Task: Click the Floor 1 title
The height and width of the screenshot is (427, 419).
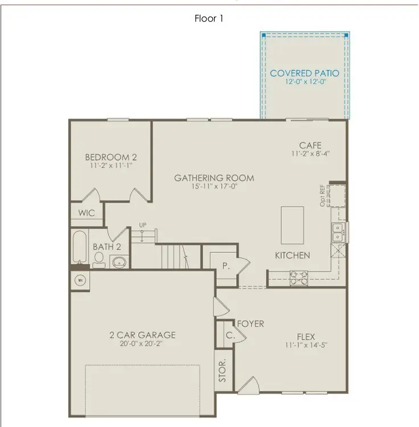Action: click(x=209, y=19)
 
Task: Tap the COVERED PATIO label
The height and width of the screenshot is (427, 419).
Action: click(x=305, y=73)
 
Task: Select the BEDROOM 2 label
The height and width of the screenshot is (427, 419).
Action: click(x=111, y=157)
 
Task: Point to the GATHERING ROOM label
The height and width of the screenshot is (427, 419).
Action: click(x=214, y=178)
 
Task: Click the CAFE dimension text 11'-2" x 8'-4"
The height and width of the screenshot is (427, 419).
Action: click(x=310, y=154)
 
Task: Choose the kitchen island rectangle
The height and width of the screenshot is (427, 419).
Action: click(x=293, y=225)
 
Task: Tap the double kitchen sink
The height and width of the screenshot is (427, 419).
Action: click(x=338, y=232)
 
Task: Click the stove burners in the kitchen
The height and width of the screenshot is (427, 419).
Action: click(x=299, y=278)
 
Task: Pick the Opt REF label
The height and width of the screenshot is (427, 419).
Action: click(x=322, y=195)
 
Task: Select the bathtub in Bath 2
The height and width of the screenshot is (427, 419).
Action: click(x=80, y=247)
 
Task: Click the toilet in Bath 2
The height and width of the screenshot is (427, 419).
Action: click(x=99, y=260)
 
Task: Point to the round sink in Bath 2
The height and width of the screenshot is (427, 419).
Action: click(x=119, y=262)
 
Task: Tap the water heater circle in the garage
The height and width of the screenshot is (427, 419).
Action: click(x=80, y=280)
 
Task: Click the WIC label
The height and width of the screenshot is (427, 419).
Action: click(x=87, y=213)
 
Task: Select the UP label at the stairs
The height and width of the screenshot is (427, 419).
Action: click(x=143, y=225)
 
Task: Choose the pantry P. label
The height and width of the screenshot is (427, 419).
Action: click(x=226, y=266)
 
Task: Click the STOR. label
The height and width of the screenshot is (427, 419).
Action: click(x=222, y=370)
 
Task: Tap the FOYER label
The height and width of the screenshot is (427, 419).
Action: click(x=250, y=324)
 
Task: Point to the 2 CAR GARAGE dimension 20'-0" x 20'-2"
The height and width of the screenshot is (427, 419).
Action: click(x=141, y=344)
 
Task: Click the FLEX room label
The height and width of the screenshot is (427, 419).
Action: click(x=306, y=337)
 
